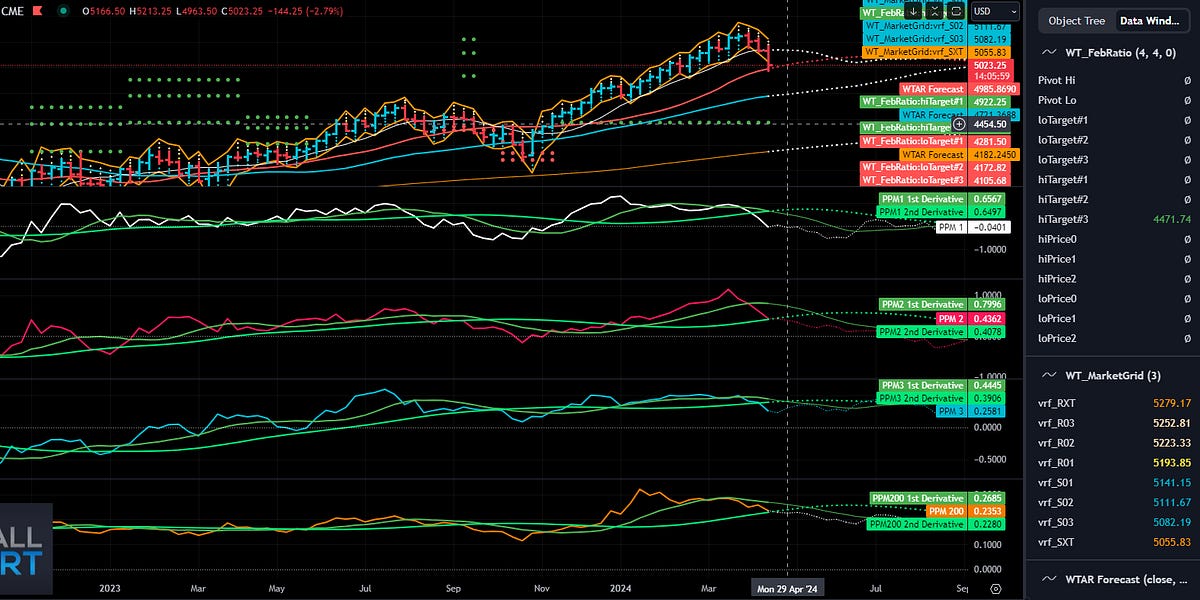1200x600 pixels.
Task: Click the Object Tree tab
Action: pyautogui.click(x=1076, y=20)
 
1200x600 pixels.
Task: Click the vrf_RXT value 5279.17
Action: pyautogui.click(x=1171, y=403)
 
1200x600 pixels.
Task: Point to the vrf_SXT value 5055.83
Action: pyautogui.click(x=1171, y=541)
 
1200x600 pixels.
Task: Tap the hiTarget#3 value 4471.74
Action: pyautogui.click(x=1171, y=219)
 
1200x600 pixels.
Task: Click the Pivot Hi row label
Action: pyautogui.click(x=1057, y=80)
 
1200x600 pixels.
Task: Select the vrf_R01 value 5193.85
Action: pyautogui.click(x=1171, y=462)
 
